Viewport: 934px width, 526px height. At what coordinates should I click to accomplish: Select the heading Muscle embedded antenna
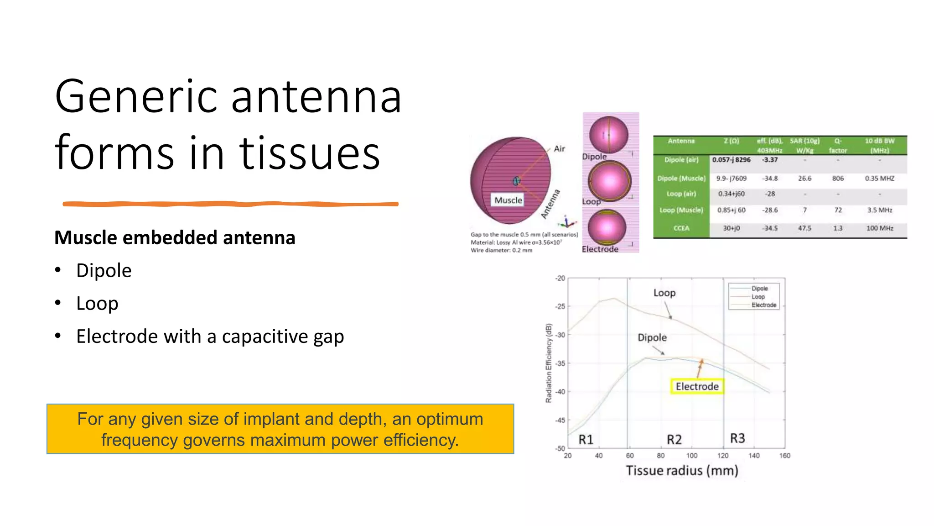pos(175,238)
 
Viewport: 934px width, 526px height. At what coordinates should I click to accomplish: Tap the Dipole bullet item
pos(104,271)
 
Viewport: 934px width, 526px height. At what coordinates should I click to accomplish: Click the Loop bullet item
pos(97,304)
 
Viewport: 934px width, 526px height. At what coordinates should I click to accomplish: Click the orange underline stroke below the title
pos(230,204)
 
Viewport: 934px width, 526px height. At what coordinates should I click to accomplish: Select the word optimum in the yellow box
pos(449,419)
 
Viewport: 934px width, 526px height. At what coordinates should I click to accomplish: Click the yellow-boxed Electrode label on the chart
pos(696,386)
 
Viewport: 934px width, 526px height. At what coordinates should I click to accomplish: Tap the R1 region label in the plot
pos(586,440)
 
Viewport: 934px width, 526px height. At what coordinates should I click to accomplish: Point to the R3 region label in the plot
pos(737,438)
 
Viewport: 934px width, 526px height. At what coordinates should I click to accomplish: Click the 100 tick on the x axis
pos(691,456)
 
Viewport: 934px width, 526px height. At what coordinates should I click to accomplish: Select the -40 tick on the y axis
pos(560,392)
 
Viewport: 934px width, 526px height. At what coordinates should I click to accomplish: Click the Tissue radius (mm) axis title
pos(682,471)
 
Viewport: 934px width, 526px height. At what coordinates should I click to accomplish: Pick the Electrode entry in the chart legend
pos(763,305)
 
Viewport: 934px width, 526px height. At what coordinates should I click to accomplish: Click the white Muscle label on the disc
pos(508,200)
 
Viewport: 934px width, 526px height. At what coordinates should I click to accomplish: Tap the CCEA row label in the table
pos(681,228)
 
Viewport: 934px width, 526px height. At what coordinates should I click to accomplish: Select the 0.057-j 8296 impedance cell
pos(731,160)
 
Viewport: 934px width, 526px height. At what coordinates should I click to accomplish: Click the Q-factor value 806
pos(838,179)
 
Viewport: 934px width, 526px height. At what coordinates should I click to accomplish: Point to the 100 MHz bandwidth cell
pos(879,228)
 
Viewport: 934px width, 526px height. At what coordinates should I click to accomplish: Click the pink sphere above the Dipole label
pos(609,134)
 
